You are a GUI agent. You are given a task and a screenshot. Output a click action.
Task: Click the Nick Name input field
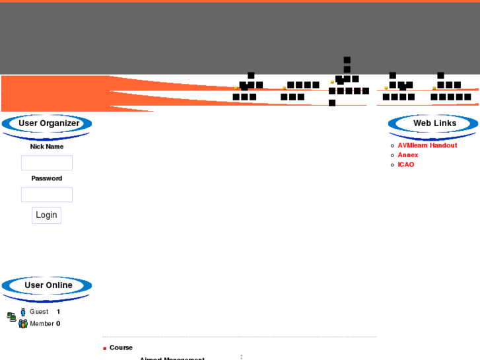pos(47,162)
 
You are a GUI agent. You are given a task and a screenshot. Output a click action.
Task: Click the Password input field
pos(47,194)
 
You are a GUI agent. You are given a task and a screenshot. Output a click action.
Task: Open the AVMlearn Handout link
pos(427,145)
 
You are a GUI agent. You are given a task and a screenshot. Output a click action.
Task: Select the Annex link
pos(407,155)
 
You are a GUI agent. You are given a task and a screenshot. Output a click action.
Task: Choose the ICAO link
pos(405,164)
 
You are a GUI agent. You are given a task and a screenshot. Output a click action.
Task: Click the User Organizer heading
pos(48,123)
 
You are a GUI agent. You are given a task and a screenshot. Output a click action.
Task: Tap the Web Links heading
pos(434,123)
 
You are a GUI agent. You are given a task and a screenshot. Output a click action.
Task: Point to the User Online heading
pos(48,285)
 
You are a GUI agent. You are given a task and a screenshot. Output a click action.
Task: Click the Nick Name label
pos(47,147)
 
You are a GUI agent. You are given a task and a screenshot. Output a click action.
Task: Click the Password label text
pos(47,178)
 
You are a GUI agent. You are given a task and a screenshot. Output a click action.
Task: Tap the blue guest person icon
pos(23,312)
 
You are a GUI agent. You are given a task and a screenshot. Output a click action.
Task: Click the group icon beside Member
pos(23,324)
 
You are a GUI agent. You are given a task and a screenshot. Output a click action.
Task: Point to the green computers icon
pos(11,317)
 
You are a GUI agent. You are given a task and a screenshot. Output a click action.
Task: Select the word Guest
pos(39,312)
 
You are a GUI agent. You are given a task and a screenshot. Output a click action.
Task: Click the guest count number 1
pos(58,312)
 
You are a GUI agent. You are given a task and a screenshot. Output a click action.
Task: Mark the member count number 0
pos(58,324)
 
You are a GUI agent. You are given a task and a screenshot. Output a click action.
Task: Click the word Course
pos(121,347)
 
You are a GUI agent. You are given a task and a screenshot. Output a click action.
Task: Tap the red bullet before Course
pos(104,348)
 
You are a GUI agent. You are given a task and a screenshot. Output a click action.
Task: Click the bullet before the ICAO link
pos(392,164)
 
